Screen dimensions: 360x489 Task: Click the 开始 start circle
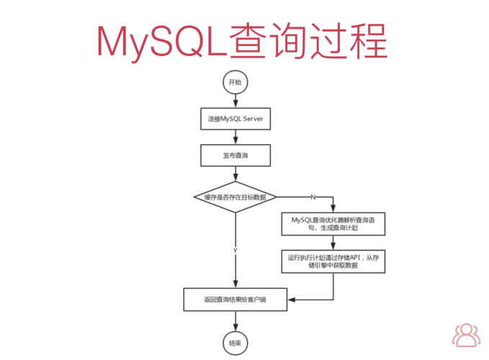[235, 82]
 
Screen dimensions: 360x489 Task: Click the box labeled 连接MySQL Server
[235, 119]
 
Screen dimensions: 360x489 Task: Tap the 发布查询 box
[235, 155]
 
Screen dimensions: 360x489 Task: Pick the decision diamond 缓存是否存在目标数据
[235, 197]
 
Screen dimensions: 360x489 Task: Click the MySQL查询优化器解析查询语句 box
[333, 223]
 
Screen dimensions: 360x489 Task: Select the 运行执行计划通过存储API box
[333, 260]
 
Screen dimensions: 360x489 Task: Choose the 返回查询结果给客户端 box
[235, 299]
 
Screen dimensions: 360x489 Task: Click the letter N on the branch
[313, 197]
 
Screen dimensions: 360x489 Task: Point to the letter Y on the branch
[235, 250]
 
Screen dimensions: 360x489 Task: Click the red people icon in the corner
[467, 335]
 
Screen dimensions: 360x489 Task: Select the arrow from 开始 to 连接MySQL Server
[235, 101]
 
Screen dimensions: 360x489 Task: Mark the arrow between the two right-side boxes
[333, 242]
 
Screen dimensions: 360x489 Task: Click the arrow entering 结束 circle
[235, 320]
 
